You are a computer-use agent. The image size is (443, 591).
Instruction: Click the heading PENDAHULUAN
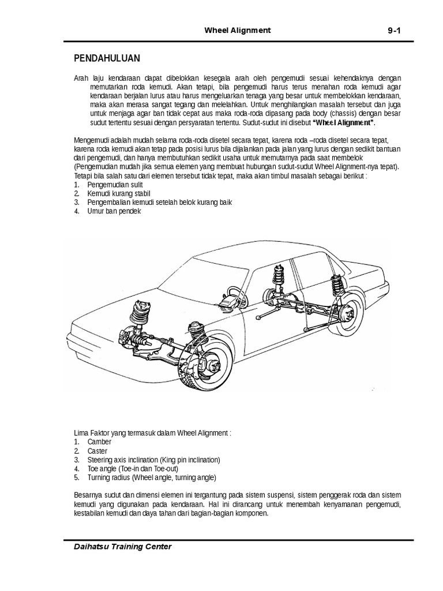(107, 59)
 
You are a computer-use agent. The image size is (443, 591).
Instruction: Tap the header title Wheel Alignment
(237, 30)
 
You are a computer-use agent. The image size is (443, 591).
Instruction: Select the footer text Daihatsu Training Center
(123, 546)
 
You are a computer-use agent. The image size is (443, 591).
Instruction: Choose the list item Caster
(97, 450)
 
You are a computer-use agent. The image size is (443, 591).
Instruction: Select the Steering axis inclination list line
(153, 460)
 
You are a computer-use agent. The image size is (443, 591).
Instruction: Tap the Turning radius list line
(152, 478)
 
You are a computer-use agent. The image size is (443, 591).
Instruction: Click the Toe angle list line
(134, 469)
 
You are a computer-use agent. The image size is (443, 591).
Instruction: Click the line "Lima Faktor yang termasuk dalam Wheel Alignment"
(152, 432)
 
